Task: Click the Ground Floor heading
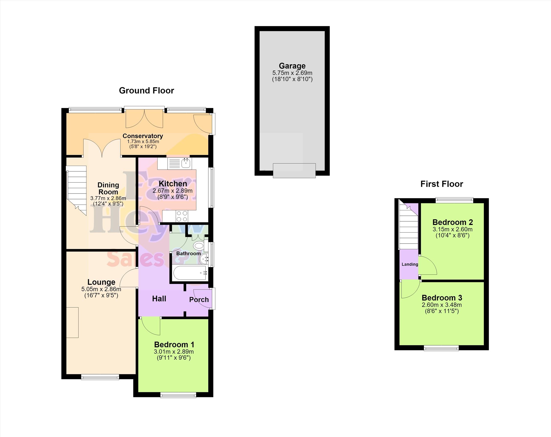[147, 90]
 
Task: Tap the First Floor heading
[442, 184]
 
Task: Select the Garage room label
[292, 66]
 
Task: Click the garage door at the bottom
[294, 171]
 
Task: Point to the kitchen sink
[186, 163]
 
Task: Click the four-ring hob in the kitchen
[182, 216]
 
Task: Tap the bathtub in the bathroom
[190, 273]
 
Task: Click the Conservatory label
[143, 136]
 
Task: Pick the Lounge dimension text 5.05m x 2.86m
[101, 289]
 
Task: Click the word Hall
[159, 299]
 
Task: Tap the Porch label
[199, 300]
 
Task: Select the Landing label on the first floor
[410, 264]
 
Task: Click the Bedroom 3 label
[442, 298]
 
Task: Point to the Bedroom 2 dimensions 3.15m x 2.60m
[452, 229]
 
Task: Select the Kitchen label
[173, 184]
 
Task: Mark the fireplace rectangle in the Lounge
[72, 322]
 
